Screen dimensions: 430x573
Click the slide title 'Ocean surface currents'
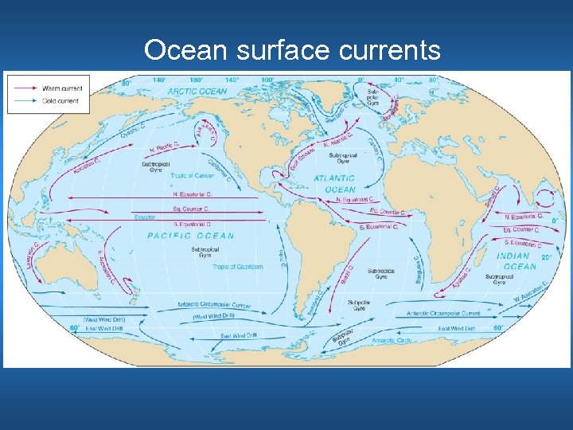(x=292, y=50)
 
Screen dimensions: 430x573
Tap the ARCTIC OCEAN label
(x=197, y=92)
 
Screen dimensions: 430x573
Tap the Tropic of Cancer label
(x=193, y=175)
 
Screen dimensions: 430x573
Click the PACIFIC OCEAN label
(x=191, y=236)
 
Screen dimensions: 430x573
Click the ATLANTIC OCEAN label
(x=334, y=184)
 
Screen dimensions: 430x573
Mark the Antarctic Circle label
(x=392, y=341)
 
